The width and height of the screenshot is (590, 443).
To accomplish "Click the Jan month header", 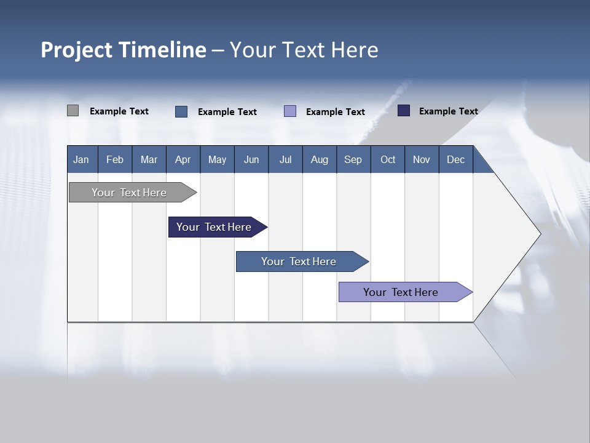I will tap(81, 159).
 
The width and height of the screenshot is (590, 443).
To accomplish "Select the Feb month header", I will tap(115, 159).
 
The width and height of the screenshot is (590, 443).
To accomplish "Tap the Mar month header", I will tap(149, 159).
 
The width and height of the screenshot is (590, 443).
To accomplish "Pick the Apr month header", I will tap(183, 159).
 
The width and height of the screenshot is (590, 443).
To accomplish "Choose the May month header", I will tap(217, 159).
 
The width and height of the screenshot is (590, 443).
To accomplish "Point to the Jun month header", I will tap(251, 159).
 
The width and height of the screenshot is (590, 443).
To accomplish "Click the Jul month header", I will tap(285, 159).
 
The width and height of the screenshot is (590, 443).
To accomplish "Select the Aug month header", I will tap(320, 159).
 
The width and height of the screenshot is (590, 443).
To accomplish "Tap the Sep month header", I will tap(353, 159).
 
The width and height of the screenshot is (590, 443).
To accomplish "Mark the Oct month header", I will tap(388, 159).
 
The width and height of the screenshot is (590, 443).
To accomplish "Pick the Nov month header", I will tap(422, 159).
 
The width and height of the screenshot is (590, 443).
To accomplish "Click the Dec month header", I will tap(456, 159).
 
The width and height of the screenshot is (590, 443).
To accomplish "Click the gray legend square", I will tap(73, 111).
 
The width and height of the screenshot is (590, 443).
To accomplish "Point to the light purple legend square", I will tap(290, 111).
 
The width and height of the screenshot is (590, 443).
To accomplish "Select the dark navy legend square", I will tap(404, 111).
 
